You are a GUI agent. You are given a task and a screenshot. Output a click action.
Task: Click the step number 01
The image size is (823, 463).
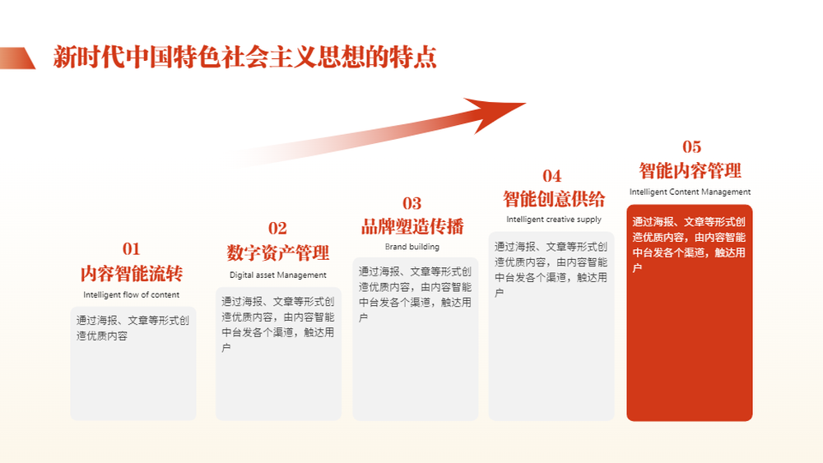coord(131,248)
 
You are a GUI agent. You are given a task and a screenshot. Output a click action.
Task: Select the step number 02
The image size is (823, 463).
coord(277,228)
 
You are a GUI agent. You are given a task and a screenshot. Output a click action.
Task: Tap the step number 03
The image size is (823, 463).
coord(412,203)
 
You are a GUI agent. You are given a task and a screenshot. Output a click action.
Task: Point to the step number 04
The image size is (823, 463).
coord(551,176)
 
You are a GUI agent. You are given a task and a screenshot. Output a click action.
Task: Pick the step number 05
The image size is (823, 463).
coord(692,147)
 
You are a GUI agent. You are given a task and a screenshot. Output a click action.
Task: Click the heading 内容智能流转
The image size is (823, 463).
coord(132,274)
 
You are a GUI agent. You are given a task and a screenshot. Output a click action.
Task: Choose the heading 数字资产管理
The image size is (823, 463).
coord(278,253)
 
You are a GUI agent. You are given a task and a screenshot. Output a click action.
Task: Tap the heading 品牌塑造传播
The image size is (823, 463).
coord(412,226)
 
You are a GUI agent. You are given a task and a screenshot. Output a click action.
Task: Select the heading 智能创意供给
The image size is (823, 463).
coord(554,199)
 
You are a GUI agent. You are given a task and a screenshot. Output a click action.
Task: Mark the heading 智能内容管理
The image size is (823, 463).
coord(690,171)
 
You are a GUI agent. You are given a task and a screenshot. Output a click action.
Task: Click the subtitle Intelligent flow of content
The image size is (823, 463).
coord(131,294)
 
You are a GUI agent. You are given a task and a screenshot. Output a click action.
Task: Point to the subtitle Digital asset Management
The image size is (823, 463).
coord(278,275)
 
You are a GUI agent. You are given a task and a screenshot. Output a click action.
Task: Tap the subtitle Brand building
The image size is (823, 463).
coord(412,247)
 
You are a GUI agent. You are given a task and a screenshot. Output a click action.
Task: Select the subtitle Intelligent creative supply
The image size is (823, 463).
coord(554,220)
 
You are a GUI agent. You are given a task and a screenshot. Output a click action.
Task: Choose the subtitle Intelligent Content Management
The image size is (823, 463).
coord(690,192)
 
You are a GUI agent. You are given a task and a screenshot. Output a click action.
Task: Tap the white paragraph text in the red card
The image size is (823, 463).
coord(689,245)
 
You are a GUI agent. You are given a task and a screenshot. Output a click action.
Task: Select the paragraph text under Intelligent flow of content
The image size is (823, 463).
coord(133,327)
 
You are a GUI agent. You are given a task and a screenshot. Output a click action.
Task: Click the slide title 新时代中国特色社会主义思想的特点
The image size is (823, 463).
coord(244,57)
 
